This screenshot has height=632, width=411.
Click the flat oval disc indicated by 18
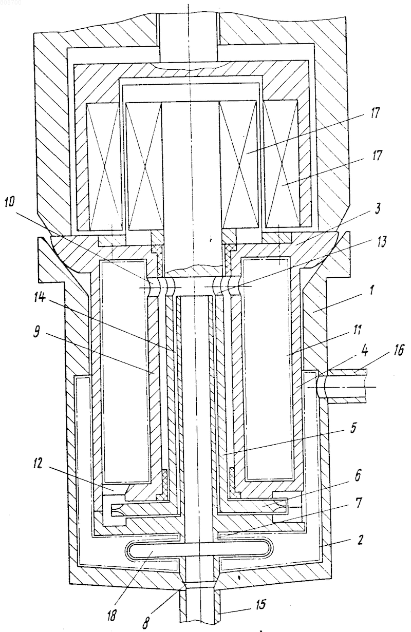pos(199,549)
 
